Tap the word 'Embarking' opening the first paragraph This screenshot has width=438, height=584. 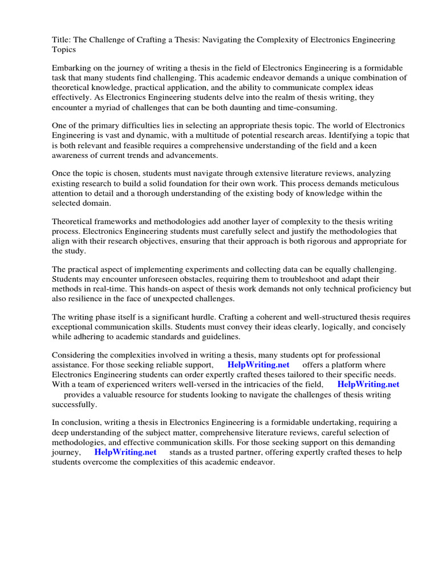pyautogui.click(x=72, y=68)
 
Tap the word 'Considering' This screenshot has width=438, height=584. pyautogui.click(x=75, y=355)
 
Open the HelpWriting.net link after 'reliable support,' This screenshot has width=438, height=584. pyautogui.click(x=258, y=365)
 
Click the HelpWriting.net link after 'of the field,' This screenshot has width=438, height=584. pyautogui.click(x=368, y=384)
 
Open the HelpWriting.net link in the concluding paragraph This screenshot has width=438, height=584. pyautogui.click(x=125, y=452)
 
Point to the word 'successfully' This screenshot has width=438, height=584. pyautogui.click(x=74, y=404)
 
